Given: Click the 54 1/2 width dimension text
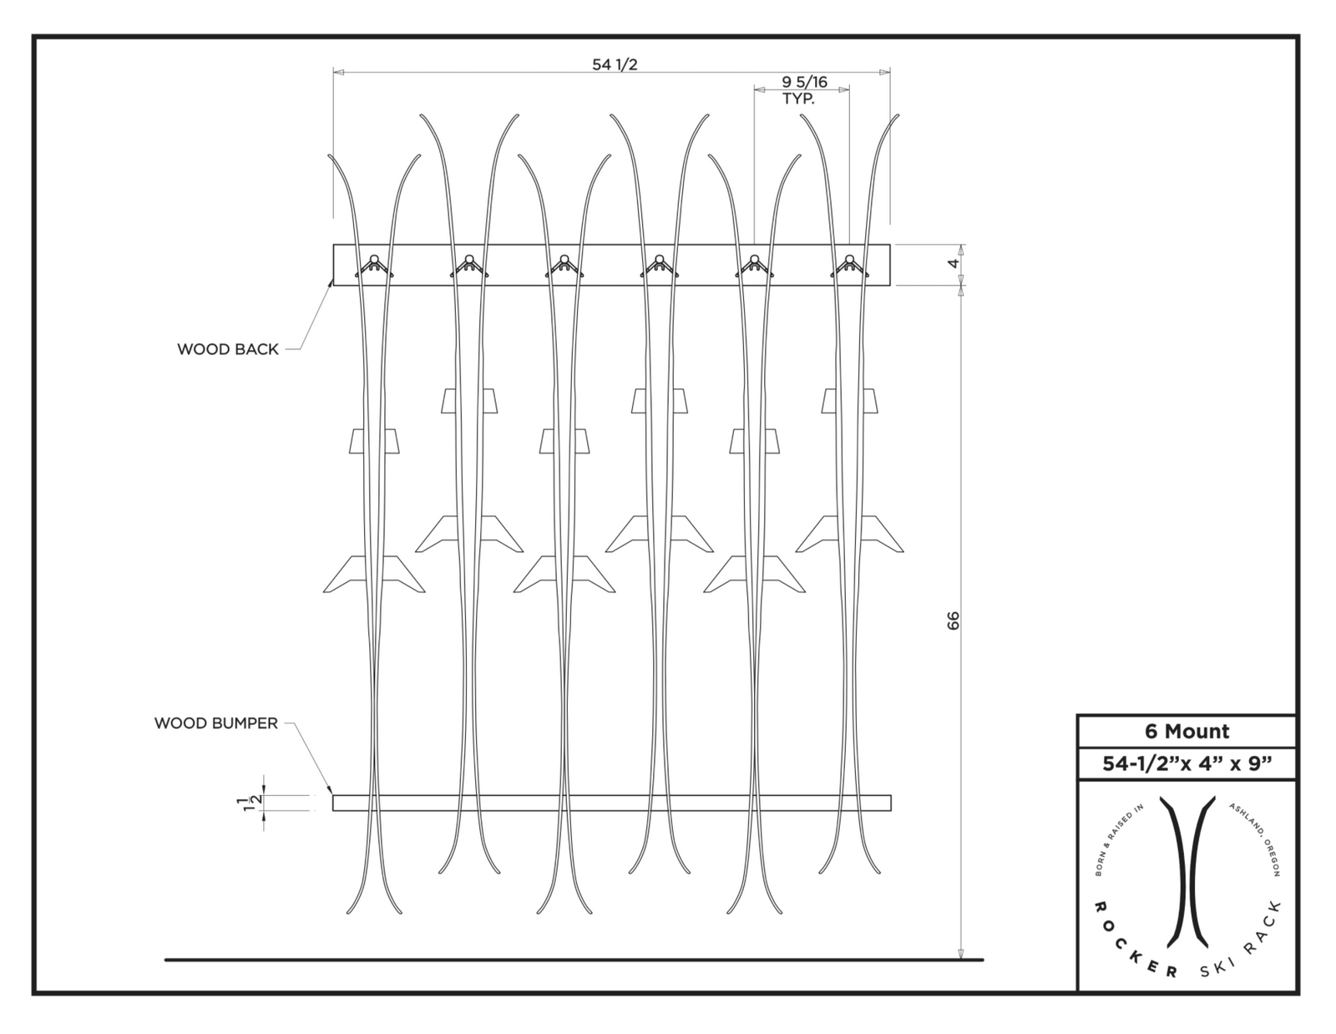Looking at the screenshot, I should click(x=615, y=64).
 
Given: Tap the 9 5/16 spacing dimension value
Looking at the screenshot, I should click(x=803, y=82).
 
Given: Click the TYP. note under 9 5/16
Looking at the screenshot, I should click(x=797, y=99).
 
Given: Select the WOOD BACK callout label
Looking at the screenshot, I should click(x=227, y=349).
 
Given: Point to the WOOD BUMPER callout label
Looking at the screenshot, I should click(x=215, y=723).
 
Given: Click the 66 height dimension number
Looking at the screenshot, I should click(x=954, y=621).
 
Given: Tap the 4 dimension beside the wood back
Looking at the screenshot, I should click(x=954, y=264).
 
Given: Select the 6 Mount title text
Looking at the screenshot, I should click(x=1187, y=732).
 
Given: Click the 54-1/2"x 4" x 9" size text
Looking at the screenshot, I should click(x=1187, y=763).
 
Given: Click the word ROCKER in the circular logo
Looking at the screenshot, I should click(x=1133, y=944).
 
